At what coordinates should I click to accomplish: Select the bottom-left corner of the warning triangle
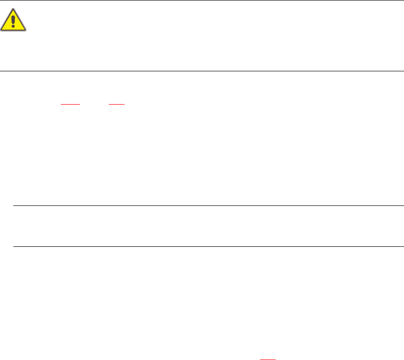point(1,31)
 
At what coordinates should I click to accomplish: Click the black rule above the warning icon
point(202,0)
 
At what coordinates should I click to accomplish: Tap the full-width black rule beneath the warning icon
point(202,71)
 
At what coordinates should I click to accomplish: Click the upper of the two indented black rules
point(208,206)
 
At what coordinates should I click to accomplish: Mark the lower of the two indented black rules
point(208,246)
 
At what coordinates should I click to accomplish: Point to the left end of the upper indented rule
point(13,206)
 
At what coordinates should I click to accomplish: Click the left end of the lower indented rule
point(13,246)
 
